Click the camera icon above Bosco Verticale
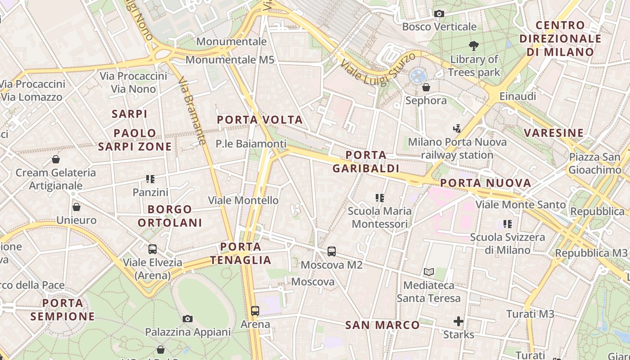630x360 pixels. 439,14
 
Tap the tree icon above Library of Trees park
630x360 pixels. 473,45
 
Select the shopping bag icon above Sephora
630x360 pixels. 426,87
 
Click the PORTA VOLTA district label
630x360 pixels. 260,120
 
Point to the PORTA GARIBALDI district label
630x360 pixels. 366,162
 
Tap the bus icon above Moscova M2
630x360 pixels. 332,252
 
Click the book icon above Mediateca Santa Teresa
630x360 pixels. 429,272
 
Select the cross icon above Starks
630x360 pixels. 459,321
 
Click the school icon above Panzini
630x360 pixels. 150,179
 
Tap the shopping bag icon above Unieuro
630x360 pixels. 76,207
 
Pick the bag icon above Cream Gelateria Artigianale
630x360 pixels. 56,159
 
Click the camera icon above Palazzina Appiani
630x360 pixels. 188,319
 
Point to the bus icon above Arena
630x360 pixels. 255,310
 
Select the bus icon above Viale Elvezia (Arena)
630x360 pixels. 153,249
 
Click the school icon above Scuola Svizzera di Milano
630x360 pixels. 508,224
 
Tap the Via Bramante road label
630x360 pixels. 192,110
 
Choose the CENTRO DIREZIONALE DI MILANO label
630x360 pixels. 560,39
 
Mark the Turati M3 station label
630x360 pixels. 530,314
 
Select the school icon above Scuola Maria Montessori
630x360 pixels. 380,198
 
